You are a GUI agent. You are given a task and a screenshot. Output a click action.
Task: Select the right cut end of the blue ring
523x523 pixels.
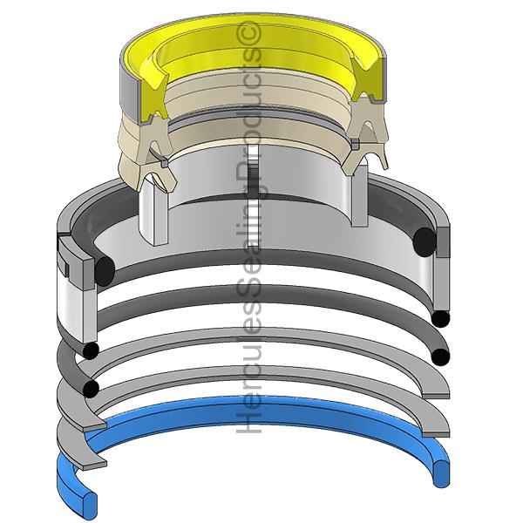click(441, 473)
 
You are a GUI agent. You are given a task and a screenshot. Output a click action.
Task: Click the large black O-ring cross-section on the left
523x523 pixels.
click(105, 271)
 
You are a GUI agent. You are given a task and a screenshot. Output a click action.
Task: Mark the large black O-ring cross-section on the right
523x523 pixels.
click(425, 241)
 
